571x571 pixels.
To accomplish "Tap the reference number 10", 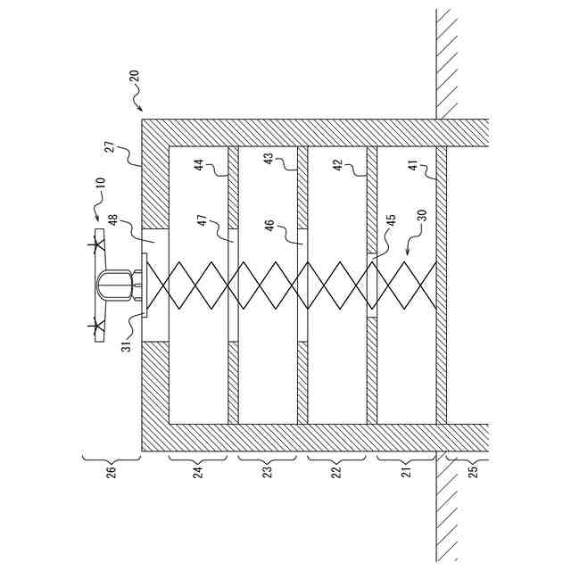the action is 100,186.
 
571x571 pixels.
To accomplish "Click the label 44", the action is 198,168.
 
